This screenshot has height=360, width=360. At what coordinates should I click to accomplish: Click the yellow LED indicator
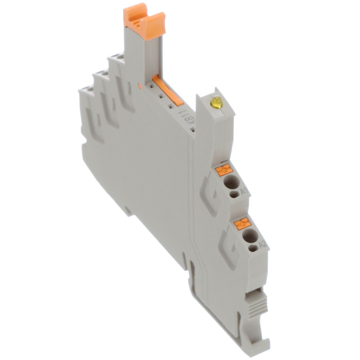click(216, 103)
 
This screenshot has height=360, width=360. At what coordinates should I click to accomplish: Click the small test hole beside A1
click(234, 194)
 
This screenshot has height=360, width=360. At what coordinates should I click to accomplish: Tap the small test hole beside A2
click(253, 247)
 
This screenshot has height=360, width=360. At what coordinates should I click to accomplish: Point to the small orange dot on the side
click(141, 85)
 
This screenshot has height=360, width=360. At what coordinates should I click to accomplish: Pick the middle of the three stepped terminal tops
click(102, 75)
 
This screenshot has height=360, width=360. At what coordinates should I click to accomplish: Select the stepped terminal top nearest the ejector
click(116, 58)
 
